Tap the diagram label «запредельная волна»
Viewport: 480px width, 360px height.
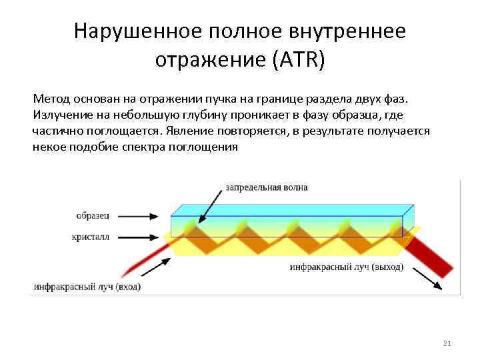267,187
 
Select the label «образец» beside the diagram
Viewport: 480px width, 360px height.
93,216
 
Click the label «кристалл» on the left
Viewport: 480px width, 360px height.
92,236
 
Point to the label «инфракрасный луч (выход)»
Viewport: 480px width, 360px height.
347,267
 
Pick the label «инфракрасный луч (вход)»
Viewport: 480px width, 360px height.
87,287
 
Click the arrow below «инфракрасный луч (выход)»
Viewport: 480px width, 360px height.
426,279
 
